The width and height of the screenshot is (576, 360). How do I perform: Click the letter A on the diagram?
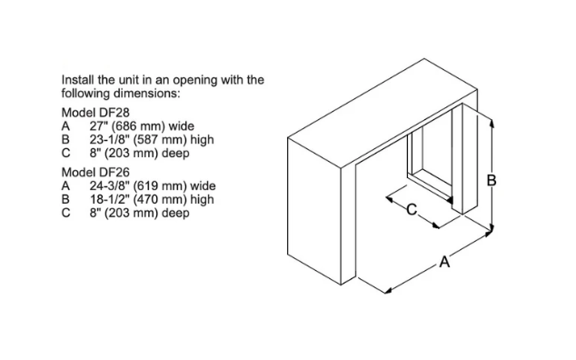444,262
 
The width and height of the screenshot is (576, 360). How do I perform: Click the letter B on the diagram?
492,181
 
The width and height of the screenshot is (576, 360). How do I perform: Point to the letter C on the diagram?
412,210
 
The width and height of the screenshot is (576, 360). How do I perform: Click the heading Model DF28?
95,113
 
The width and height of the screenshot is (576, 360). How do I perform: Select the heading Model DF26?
95,172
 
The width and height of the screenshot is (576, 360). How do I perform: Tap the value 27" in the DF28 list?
98,126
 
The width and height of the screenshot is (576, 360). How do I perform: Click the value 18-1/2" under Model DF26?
110,199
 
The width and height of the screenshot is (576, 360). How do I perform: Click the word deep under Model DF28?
175,154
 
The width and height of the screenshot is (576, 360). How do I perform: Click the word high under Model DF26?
202,200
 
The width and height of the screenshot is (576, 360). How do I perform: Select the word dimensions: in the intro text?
146,94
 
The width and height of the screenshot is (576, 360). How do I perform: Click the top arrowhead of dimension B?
492,123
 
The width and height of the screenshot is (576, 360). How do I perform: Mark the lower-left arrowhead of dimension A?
387,292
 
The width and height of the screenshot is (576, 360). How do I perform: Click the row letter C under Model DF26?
65,213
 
